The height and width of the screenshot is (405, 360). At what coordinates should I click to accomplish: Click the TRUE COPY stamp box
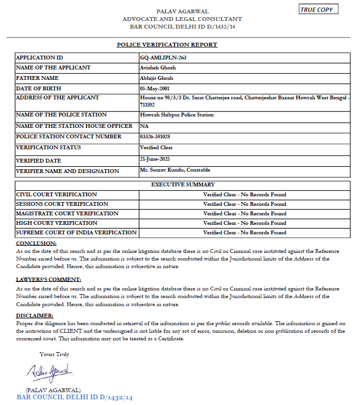[319, 10]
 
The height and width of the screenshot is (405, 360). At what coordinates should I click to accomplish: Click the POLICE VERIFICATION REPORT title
[167, 45]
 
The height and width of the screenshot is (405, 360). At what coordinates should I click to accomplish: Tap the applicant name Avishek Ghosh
[158, 67]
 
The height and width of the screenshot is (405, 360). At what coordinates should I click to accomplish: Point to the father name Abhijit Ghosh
[157, 78]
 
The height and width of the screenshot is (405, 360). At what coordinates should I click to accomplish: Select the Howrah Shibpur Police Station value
[177, 115]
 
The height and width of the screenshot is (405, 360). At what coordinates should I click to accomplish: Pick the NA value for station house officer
[144, 126]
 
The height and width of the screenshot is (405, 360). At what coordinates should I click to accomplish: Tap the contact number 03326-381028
[156, 137]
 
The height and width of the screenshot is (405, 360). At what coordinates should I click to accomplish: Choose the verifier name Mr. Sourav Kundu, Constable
[175, 170]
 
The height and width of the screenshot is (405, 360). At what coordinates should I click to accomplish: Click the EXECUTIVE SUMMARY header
[183, 184]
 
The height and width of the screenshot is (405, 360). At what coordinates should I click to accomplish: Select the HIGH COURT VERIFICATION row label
[57, 223]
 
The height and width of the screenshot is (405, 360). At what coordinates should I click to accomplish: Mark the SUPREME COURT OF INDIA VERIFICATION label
[77, 232]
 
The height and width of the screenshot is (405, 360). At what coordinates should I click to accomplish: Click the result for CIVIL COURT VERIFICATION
[244, 194]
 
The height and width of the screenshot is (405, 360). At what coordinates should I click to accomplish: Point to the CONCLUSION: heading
[36, 243]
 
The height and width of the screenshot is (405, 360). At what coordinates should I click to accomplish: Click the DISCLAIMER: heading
[35, 316]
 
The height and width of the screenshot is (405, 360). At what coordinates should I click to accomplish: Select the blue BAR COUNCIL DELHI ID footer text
[75, 397]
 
